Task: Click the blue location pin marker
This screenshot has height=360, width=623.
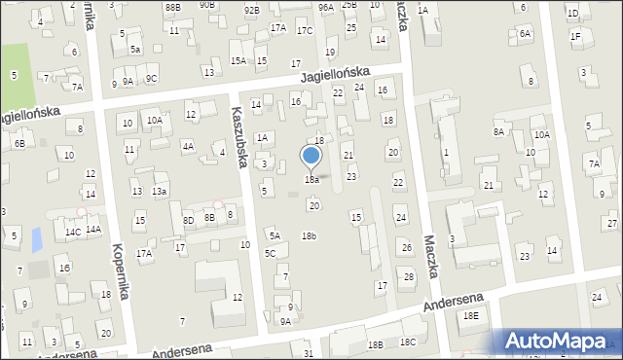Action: click(x=311, y=157)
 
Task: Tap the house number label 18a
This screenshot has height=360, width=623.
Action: click(x=311, y=180)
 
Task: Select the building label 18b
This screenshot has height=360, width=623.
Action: click(x=309, y=236)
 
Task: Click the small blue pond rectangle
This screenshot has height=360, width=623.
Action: click(x=37, y=237)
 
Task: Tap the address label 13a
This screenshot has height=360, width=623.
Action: click(x=159, y=192)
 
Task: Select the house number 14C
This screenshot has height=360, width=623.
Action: click(x=72, y=233)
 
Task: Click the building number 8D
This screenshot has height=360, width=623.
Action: click(x=188, y=221)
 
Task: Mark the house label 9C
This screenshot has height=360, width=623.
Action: click(x=151, y=79)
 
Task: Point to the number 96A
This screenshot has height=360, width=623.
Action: click(x=325, y=7)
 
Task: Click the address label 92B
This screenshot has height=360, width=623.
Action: click(x=251, y=10)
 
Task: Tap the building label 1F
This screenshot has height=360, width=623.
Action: click(x=575, y=37)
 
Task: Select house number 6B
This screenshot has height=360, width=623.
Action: click(x=18, y=144)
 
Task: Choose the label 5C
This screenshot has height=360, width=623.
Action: click(x=270, y=254)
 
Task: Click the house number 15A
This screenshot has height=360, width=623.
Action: click(x=238, y=61)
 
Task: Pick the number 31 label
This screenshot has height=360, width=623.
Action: click(x=309, y=353)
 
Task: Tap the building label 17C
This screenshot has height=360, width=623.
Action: click(x=305, y=31)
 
